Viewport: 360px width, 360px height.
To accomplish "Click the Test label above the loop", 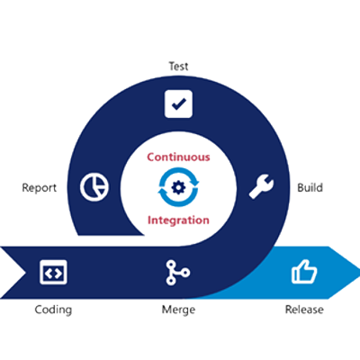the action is (x=178, y=66).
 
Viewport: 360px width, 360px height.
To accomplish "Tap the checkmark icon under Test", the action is (x=178, y=103).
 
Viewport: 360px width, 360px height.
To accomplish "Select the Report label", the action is (x=40, y=188).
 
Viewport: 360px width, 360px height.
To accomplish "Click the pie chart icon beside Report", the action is (x=94, y=187).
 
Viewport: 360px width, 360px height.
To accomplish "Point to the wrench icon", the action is (x=261, y=186).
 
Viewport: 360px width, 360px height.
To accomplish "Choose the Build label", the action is (x=310, y=187).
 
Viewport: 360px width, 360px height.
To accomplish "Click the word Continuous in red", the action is (x=178, y=157).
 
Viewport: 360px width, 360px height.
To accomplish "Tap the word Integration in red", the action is (x=178, y=220).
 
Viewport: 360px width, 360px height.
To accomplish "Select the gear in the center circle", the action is (x=178, y=187).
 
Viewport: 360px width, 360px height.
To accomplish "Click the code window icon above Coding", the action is (x=53, y=272).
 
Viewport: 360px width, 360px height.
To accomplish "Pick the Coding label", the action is (x=53, y=310).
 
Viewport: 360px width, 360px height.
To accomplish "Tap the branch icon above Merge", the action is (x=177, y=273).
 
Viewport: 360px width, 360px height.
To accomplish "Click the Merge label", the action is (x=178, y=310).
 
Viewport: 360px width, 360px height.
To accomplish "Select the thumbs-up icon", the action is (x=304, y=272).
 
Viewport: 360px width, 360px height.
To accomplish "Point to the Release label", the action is (x=304, y=310).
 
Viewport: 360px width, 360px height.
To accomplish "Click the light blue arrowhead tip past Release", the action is (x=358, y=273).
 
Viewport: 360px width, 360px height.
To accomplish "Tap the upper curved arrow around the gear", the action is (x=180, y=175).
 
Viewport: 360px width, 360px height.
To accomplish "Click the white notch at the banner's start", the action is (x=13, y=273).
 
